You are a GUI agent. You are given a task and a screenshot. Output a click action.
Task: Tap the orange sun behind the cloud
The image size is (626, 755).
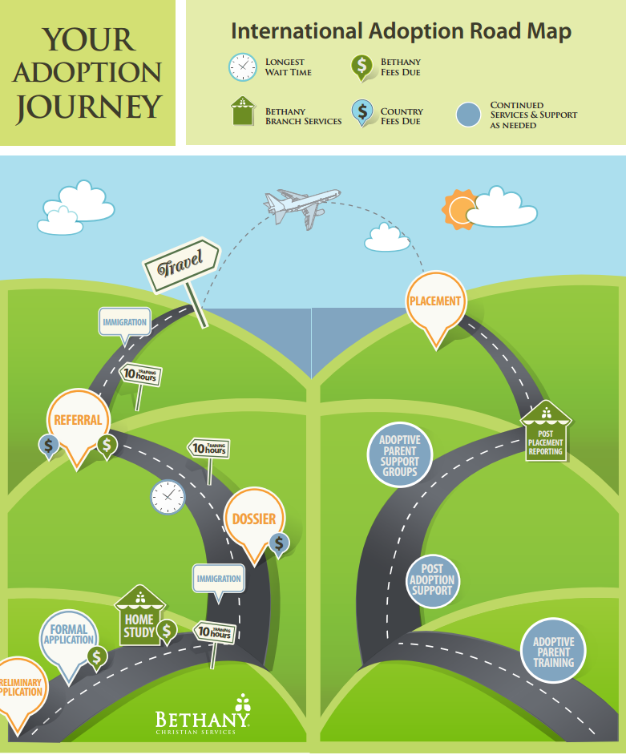(458, 208)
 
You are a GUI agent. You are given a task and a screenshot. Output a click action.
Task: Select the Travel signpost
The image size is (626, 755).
(181, 264)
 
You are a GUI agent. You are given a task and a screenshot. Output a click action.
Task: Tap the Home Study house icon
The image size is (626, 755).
(139, 618)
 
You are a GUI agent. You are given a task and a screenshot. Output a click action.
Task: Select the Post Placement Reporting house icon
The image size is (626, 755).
(545, 433)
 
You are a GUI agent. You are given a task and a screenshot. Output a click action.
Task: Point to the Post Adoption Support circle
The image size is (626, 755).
(432, 579)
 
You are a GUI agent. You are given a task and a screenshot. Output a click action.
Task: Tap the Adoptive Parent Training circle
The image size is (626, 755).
(554, 652)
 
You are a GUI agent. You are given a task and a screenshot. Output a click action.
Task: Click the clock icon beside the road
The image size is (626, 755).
(168, 497)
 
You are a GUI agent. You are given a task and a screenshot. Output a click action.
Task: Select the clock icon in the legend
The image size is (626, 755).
(242, 67)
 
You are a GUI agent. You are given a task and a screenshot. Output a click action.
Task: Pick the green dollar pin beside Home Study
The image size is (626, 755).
(167, 631)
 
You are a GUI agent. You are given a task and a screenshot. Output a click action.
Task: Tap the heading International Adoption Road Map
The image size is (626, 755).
(401, 31)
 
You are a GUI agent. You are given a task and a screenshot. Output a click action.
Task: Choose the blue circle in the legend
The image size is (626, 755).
(468, 115)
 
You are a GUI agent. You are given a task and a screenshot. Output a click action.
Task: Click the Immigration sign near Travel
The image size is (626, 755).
(124, 323)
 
